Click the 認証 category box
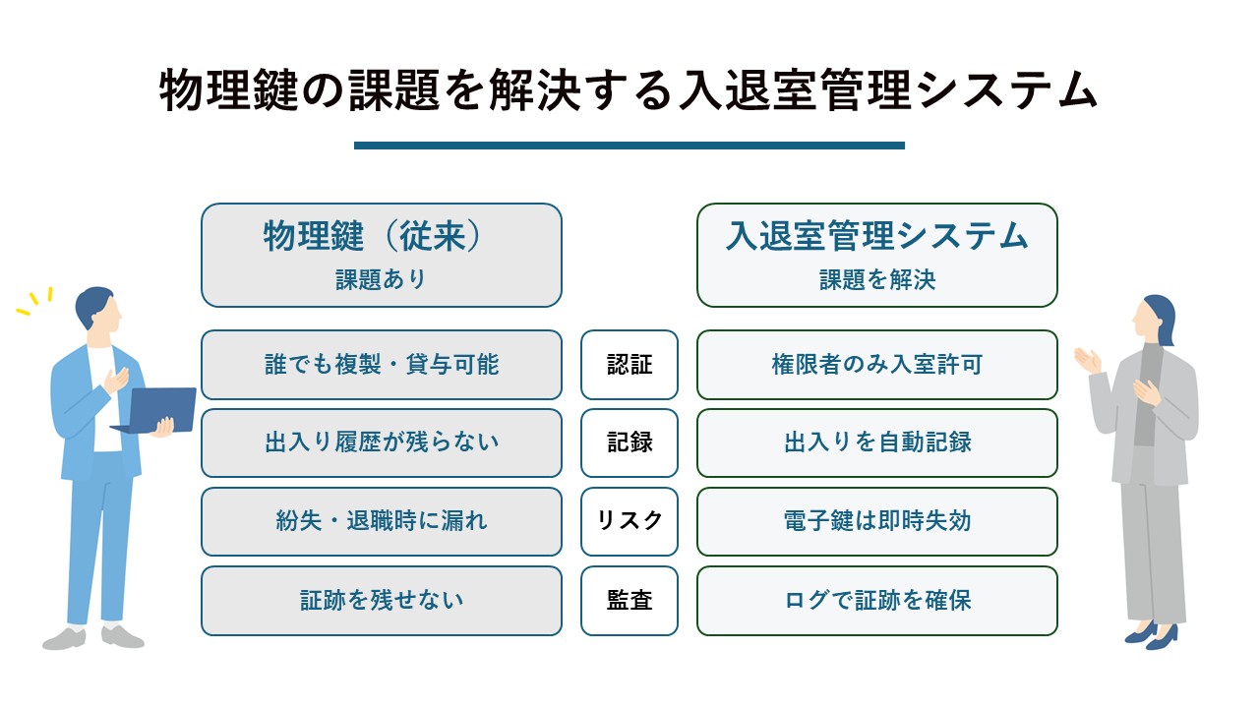click(629, 365)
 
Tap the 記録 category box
click(629, 442)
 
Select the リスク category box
click(629, 521)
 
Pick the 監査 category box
click(629, 601)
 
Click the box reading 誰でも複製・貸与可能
click(381, 365)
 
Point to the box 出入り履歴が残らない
click(381, 442)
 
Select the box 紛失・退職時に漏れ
click(381, 521)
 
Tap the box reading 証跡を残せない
click(381, 601)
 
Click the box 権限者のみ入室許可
click(876, 365)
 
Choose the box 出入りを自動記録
click(876, 442)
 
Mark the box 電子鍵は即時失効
click(876, 521)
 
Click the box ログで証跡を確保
click(876, 601)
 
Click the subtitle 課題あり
click(381, 279)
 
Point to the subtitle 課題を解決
click(877, 279)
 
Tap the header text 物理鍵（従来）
click(373, 236)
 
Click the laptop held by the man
click(156, 410)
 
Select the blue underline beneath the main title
click(629, 146)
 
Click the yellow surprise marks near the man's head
click(34, 301)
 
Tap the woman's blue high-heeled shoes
click(1151, 635)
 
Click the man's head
click(99, 309)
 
